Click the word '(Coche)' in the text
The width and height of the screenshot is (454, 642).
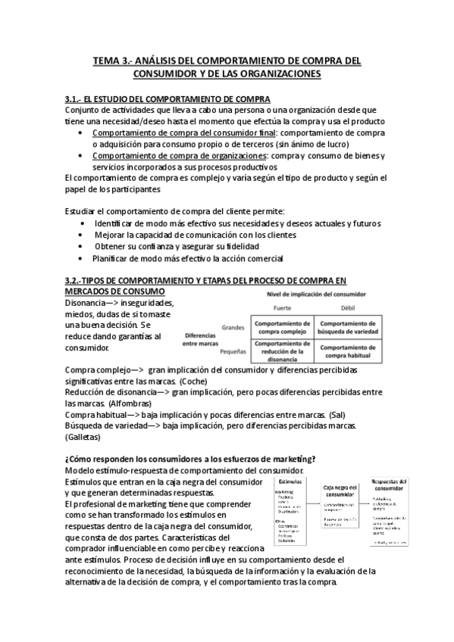coord(196,382)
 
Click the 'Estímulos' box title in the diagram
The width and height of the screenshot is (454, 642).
coord(288,481)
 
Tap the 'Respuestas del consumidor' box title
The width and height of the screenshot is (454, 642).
coord(400,485)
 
